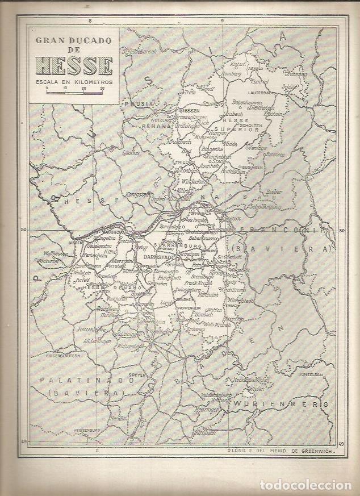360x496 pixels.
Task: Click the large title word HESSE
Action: [x=74, y=66]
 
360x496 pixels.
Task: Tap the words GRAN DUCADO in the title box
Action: [x=74, y=41]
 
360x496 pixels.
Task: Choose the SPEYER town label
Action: [x=138, y=375]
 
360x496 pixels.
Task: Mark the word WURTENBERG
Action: [x=282, y=403]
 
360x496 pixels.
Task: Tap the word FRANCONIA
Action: [x=290, y=231]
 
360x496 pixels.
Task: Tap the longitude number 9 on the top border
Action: [x=223, y=20]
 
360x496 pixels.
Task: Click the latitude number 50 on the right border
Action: [x=341, y=231]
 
